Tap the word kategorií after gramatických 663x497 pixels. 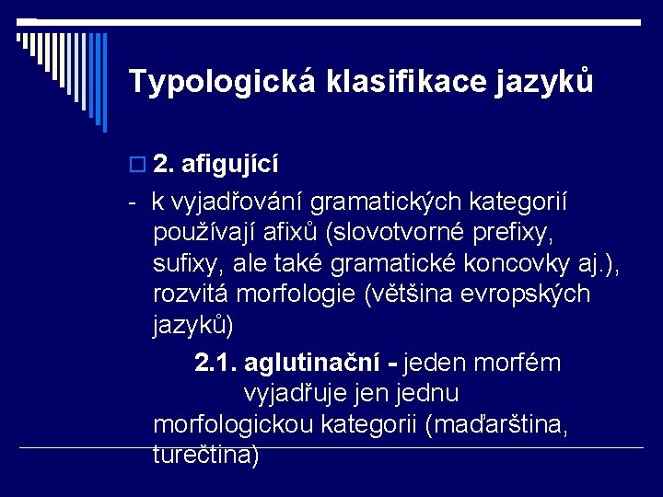pyautogui.click(x=529, y=202)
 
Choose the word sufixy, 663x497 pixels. pyautogui.click(x=189, y=264)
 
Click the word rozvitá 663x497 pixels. pyautogui.click(x=191, y=295)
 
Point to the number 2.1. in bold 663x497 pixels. pyautogui.click(x=216, y=364)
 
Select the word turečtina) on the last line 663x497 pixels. pyautogui.click(x=206, y=455)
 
